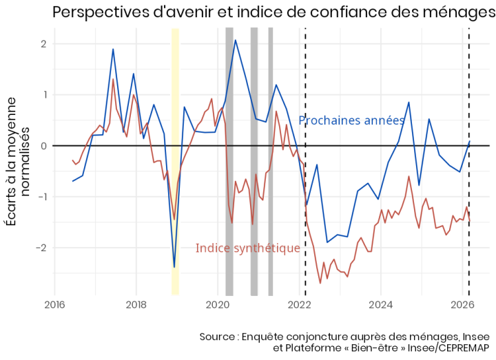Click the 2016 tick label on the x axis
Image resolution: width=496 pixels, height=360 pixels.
54,304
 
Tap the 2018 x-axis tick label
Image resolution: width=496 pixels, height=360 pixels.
136,304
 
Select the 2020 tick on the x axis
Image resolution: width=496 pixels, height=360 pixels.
218,304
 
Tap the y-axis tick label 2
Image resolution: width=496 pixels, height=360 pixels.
43,44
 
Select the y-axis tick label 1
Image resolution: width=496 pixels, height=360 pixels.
43,95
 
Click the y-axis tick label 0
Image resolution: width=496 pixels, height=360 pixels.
43,146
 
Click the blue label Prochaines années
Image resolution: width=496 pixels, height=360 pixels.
351,120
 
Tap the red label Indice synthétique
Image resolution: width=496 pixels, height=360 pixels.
248,248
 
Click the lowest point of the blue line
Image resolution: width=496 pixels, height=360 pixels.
174,267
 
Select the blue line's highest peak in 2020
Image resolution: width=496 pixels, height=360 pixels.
236,40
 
